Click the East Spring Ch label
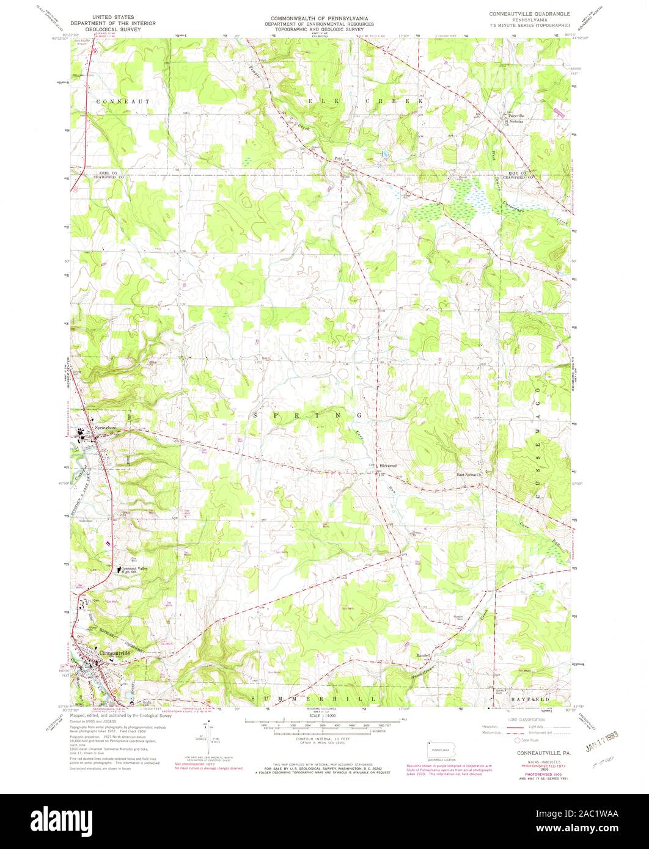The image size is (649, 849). [x=470, y=474]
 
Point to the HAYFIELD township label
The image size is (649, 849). [x=539, y=698]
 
